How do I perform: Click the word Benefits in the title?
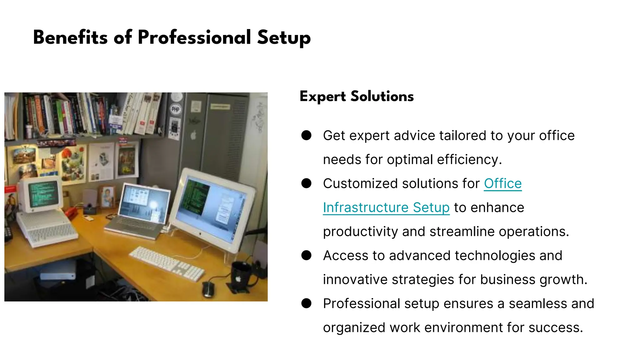click(70, 37)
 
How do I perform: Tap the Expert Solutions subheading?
click(357, 96)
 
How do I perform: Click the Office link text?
click(503, 183)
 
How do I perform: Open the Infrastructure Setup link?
click(386, 207)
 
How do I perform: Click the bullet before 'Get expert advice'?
click(306, 135)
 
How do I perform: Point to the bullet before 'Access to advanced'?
click(306, 255)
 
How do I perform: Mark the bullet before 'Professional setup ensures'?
click(306, 303)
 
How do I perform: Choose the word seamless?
click(538, 303)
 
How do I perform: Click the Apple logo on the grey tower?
click(193, 135)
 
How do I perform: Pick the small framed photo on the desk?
click(107, 197)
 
